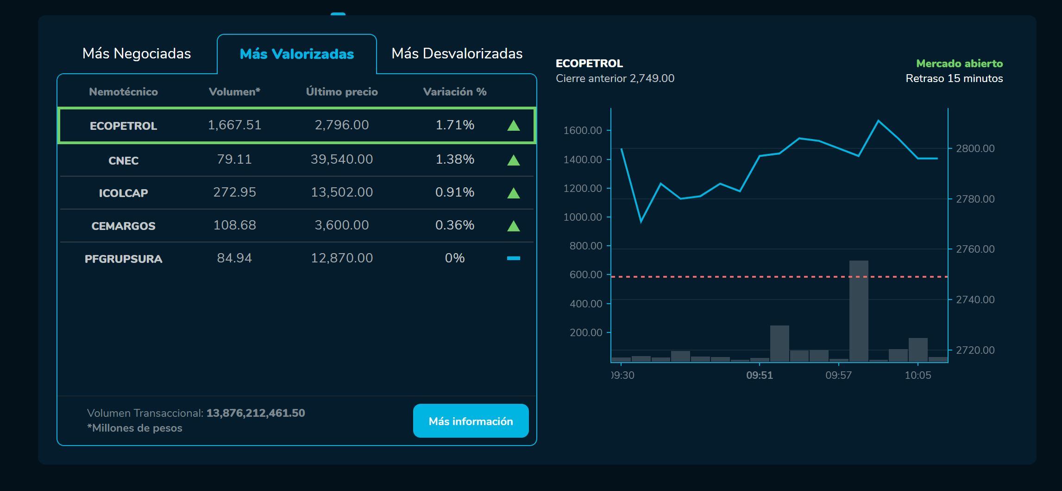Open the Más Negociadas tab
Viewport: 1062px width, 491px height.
(x=137, y=54)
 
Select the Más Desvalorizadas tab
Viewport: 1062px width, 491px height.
(x=457, y=54)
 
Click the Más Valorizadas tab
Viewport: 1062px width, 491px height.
(x=296, y=54)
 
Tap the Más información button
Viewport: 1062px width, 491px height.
(x=471, y=421)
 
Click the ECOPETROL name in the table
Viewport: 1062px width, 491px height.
(x=123, y=126)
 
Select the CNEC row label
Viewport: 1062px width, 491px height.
(x=123, y=160)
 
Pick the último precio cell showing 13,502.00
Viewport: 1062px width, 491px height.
(x=342, y=192)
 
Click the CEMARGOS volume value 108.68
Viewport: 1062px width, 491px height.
(x=234, y=225)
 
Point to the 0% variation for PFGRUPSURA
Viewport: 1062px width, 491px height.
(x=454, y=258)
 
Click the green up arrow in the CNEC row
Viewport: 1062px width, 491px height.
(x=513, y=160)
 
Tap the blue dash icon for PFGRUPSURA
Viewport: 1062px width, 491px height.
(x=513, y=258)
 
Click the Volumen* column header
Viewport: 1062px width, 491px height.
(x=234, y=92)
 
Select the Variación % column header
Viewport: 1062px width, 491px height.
(x=454, y=92)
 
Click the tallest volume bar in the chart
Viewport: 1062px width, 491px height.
(x=858, y=311)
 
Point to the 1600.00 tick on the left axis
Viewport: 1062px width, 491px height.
(x=583, y=130)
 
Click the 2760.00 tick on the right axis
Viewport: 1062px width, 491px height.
(x=975, y=249)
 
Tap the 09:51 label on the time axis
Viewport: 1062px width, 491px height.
(x=760, y=376)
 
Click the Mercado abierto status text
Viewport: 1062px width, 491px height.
(x=959, y=64)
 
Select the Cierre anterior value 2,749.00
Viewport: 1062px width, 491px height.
(x=652, y=78)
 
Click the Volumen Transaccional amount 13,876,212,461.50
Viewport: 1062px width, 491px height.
(x=256, y=413)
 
